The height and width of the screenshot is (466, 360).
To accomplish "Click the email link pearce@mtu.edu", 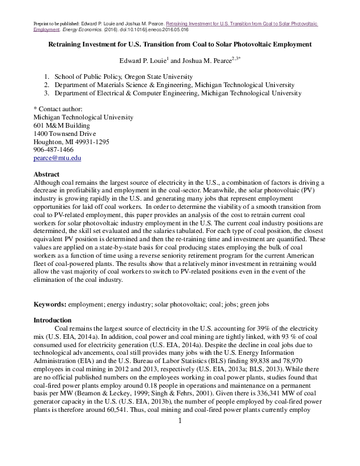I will point(58,158).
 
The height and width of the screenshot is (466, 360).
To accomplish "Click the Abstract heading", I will point(47,175).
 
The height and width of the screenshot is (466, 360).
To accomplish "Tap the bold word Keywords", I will point(50,304).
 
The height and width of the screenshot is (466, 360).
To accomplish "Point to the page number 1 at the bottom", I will point(180,421).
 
